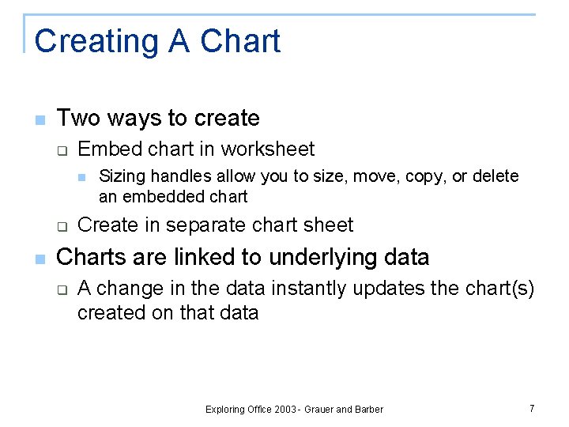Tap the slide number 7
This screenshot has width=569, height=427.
click(x=532, y=408)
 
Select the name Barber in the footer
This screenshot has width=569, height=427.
click(x=369, y=410)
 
